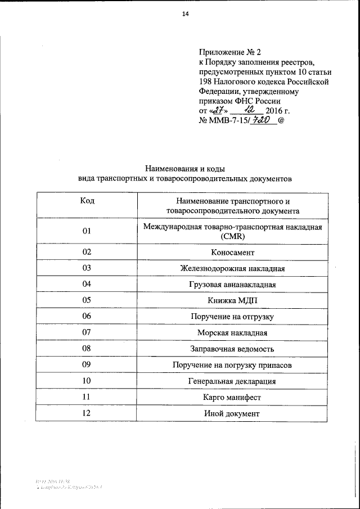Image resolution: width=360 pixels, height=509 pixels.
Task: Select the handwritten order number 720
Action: [256, 119]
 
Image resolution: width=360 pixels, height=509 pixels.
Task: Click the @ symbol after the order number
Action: [282, 120]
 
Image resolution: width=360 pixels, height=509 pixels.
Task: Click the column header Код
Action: [87, 201]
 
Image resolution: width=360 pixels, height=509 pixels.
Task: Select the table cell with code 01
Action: [87, 231]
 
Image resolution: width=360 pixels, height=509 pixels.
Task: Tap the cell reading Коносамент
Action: [232, 253]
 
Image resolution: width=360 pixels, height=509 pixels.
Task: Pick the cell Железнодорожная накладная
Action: [232, 269]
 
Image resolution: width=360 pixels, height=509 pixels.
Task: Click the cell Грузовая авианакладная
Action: [232, 285]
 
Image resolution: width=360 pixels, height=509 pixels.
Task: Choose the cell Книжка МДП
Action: [232, 301]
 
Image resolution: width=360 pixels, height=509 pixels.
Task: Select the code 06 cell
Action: [87, 317]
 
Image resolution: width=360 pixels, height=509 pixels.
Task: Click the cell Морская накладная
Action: [232, 333]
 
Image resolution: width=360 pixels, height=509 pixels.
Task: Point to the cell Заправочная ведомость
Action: [232, 349]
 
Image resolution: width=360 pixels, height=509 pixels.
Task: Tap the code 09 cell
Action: [87, 365]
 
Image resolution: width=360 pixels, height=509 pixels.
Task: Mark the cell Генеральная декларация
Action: [232, 381]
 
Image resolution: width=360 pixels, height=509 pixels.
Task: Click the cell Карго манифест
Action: [232, 397]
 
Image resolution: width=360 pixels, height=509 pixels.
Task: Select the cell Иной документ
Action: [232, 413]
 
